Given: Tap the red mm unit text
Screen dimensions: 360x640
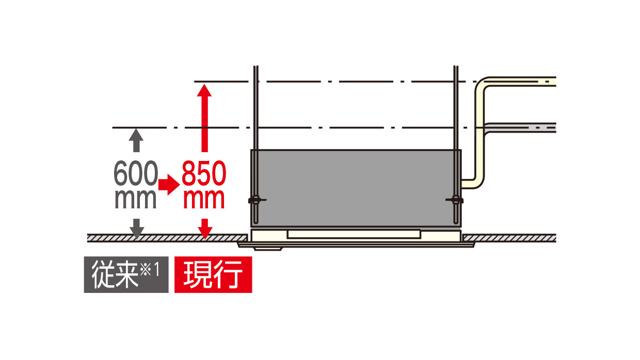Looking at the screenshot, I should [204, 199].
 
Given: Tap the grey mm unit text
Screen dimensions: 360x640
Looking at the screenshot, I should [135, 199].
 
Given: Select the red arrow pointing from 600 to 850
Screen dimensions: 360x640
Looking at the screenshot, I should [168, 184].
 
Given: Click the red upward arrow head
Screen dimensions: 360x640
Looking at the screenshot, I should [205, 92].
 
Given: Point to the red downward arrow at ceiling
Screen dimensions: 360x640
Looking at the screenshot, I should [205, 228].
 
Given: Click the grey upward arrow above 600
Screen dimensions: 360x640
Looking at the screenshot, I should [136, 139].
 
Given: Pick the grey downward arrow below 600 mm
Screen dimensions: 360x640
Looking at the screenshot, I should [136, 228].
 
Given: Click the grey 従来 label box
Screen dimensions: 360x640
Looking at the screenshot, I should [126, 274].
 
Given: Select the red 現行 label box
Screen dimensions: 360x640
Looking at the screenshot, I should [213, 274].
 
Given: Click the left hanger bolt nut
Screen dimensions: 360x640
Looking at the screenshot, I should [255, 200].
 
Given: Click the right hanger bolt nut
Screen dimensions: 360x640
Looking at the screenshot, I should [455, 200].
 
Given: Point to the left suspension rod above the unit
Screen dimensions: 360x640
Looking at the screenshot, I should [255, 108].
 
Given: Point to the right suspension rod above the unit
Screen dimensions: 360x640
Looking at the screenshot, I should [455, 108].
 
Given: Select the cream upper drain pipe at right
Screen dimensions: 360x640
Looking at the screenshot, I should [521, 81].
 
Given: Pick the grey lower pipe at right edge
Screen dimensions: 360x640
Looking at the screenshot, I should [521, 127].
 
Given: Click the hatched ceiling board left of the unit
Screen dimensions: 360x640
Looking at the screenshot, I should [165, 238].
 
